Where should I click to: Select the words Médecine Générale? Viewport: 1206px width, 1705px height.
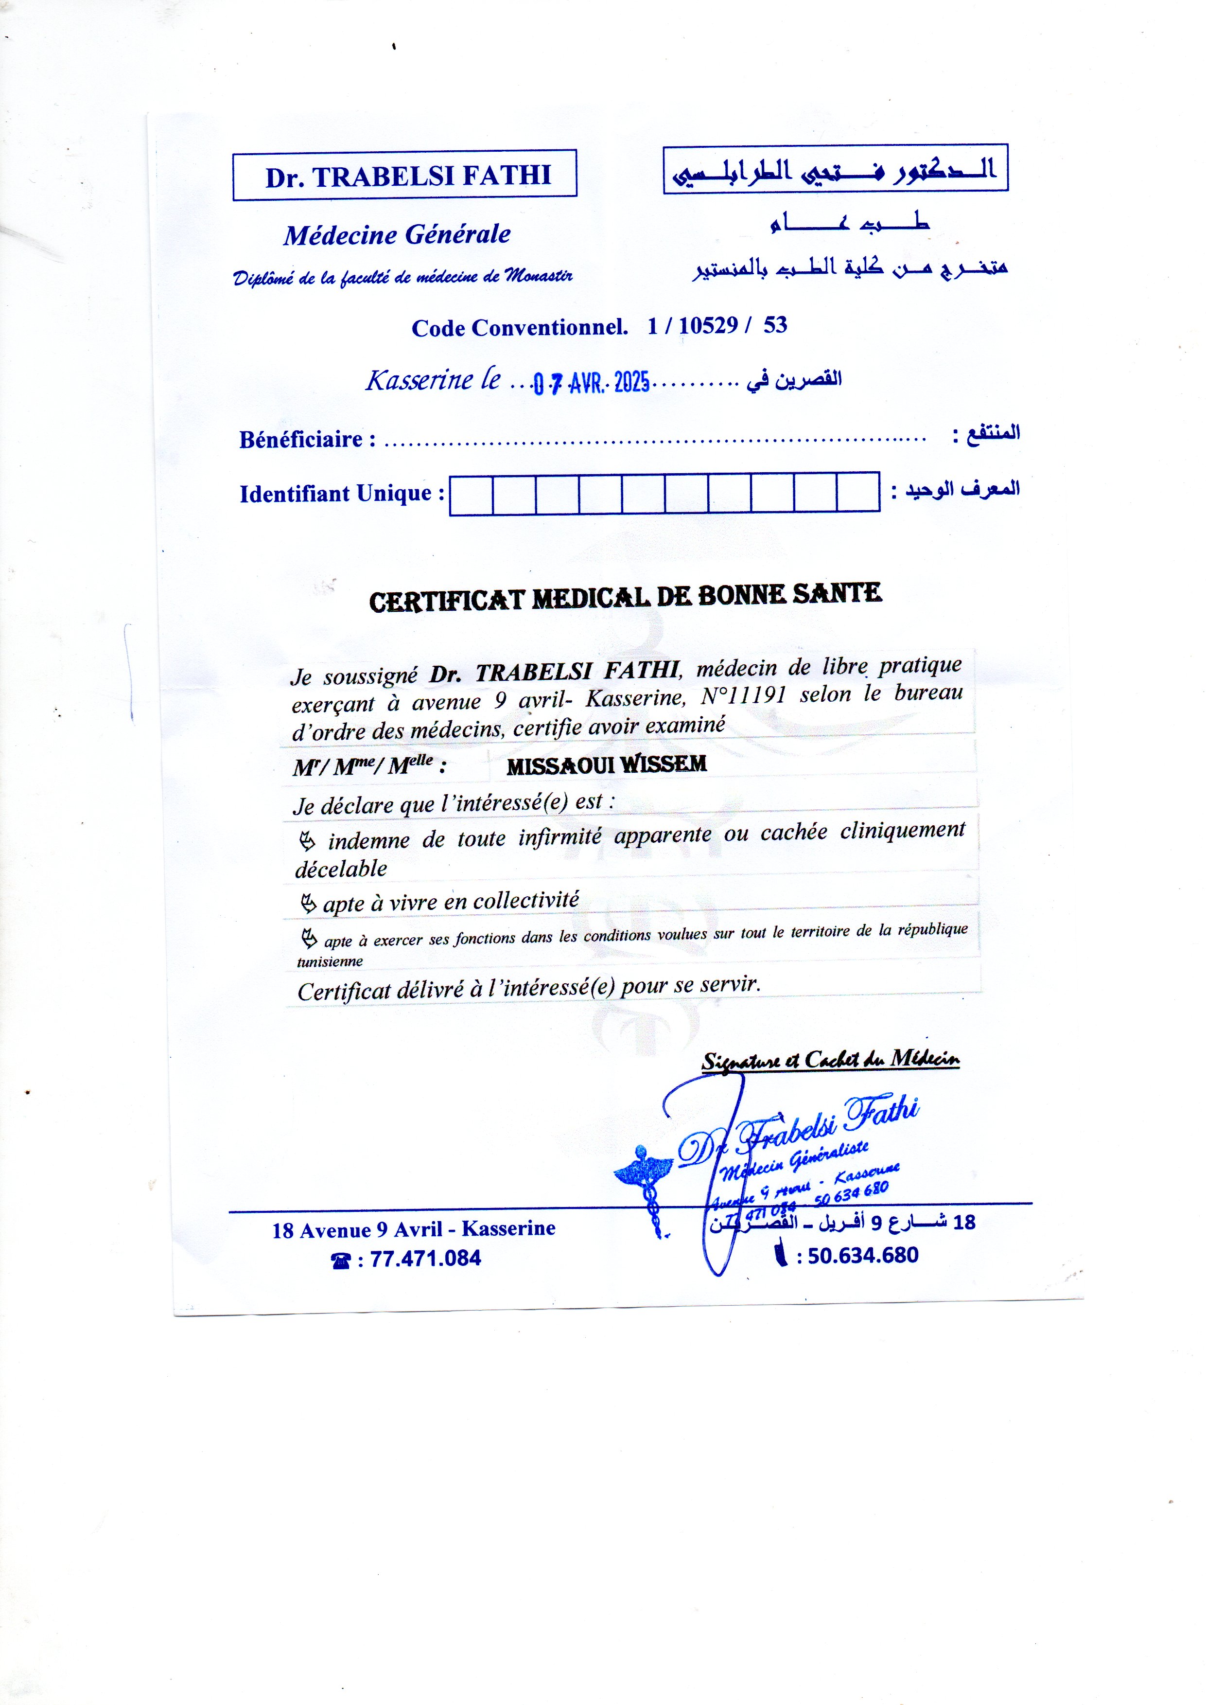tap(397, 235)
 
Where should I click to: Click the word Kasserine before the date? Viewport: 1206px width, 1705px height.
tap(419, 380)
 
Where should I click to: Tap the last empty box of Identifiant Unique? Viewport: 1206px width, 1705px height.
tap(858, 492)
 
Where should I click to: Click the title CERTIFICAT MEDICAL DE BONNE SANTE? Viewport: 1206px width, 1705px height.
tap(625, 597)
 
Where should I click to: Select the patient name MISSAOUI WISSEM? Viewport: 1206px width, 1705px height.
tap(606, 764)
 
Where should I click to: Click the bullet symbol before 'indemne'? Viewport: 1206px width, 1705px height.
tap(307, 842)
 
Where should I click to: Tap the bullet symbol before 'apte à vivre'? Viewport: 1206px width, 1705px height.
tap(307, 904)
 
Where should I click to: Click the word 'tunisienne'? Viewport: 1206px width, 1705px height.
tap(330, 962)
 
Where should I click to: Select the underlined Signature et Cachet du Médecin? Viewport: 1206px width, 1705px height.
tap(830, 1060)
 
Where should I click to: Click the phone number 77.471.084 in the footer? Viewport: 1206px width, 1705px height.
tap(425, 1259)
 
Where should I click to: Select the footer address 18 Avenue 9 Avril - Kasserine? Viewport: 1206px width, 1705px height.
tap(414, 1229)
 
